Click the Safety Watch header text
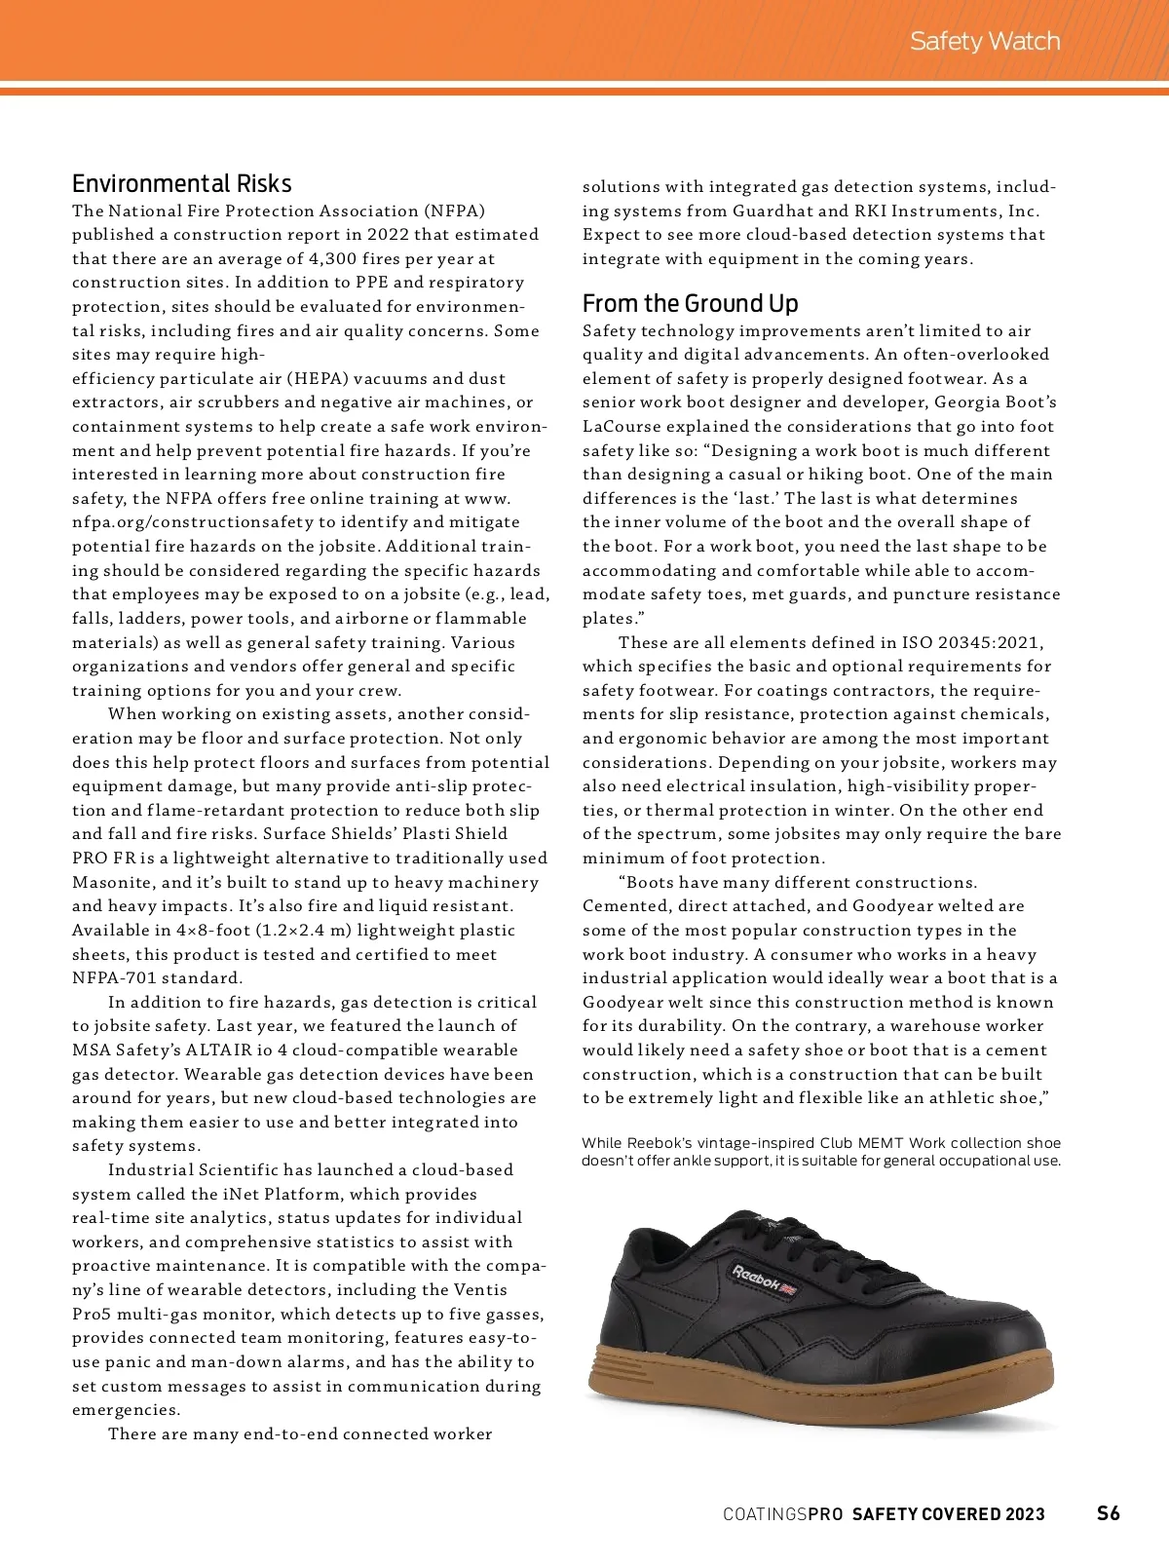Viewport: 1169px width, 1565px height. [x=984, y=41]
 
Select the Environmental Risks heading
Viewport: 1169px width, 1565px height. [x=181, y=183]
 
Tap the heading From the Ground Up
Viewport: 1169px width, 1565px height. [x=690, y=303]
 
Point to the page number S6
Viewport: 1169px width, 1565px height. [x=1109, y=1513]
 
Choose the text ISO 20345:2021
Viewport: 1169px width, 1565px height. [x=962, y=642]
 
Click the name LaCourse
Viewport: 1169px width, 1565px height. [x=622, y=426]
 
